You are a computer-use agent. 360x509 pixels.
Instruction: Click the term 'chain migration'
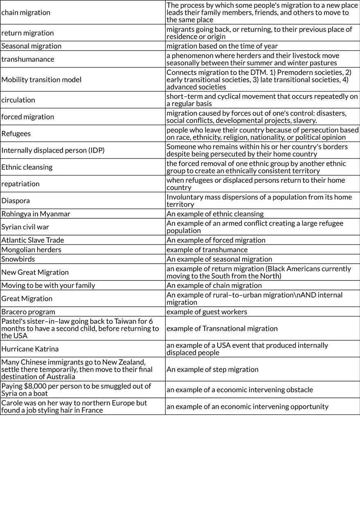(26, 13)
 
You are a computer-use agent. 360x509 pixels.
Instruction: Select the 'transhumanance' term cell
(28, 59)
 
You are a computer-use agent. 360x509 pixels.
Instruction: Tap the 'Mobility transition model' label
(41, 80)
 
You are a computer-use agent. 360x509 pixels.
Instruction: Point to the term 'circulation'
(18, 100)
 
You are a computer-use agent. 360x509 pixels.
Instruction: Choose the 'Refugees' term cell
(16, 134)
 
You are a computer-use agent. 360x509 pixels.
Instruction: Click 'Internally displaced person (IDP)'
(53, 150)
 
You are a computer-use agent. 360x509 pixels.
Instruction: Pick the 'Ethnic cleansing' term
(27, 167)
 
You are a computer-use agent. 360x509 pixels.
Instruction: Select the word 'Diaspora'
(16, 201)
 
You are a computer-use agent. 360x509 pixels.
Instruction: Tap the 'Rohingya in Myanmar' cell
(36, 214)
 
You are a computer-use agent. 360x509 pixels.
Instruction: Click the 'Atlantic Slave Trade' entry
(33, 240)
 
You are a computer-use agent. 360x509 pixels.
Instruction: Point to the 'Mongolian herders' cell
(31, 250)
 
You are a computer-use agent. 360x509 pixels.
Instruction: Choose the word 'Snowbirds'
(18, 259)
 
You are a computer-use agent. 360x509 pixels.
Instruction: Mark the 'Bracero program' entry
(28, 312)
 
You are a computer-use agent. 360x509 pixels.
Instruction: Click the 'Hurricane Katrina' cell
(30, 349)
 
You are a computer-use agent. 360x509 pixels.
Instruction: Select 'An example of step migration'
(212, 370)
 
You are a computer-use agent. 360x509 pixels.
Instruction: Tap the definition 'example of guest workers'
(207, 312)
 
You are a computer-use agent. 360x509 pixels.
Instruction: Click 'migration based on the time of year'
(222, 46)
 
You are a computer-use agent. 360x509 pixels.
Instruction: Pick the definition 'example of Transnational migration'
(222, 329)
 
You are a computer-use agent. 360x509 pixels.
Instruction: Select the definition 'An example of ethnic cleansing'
(215, 214)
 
